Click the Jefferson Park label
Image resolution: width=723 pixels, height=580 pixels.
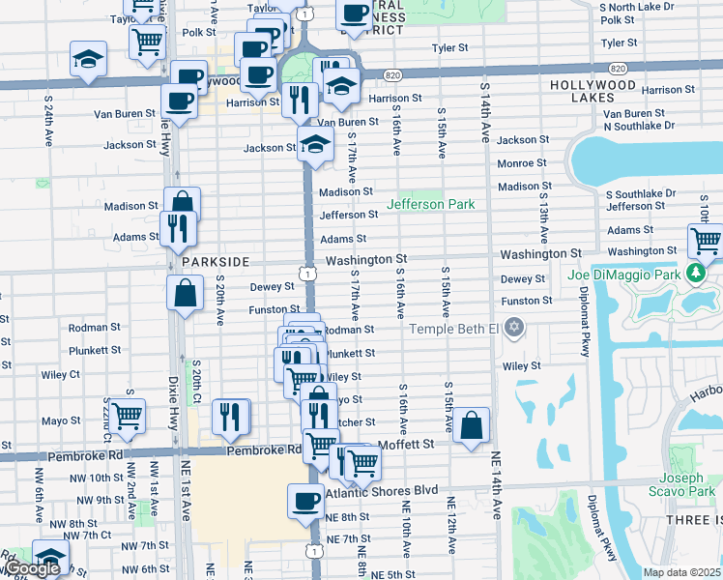[x=431, y=204]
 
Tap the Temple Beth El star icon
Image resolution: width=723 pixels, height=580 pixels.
[x=514, y=328]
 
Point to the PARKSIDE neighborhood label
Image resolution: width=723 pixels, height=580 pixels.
[x=214, y=262]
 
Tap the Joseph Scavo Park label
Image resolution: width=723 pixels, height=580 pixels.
[x=688, y=486]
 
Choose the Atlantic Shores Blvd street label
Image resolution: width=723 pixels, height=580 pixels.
[x=382, y=492]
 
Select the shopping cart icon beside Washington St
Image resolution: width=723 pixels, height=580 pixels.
[x=707, y=241]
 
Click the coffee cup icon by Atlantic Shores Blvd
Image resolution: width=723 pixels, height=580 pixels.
[x=306, y=500]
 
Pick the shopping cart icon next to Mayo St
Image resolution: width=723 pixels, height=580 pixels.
[x=128, y=415]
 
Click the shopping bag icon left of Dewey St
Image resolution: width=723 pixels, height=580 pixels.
[x=185, y=291]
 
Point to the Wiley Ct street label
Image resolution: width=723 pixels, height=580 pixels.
[x=60, y=374]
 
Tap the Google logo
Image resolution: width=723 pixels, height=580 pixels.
[x=32, y=569]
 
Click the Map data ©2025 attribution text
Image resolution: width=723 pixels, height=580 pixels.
[x=681, y=572]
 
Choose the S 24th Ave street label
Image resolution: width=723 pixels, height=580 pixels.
[x=47, y=125]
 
